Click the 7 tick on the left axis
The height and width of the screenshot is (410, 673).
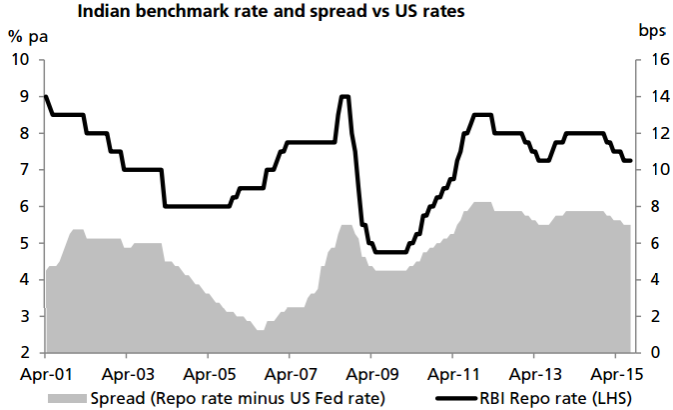[x=23, y=170]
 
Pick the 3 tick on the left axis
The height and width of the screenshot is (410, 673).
[x=23, y=317]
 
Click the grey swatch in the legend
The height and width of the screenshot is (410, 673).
[x=67, y=398]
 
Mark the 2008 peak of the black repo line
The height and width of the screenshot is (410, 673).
[x=344, y=96]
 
